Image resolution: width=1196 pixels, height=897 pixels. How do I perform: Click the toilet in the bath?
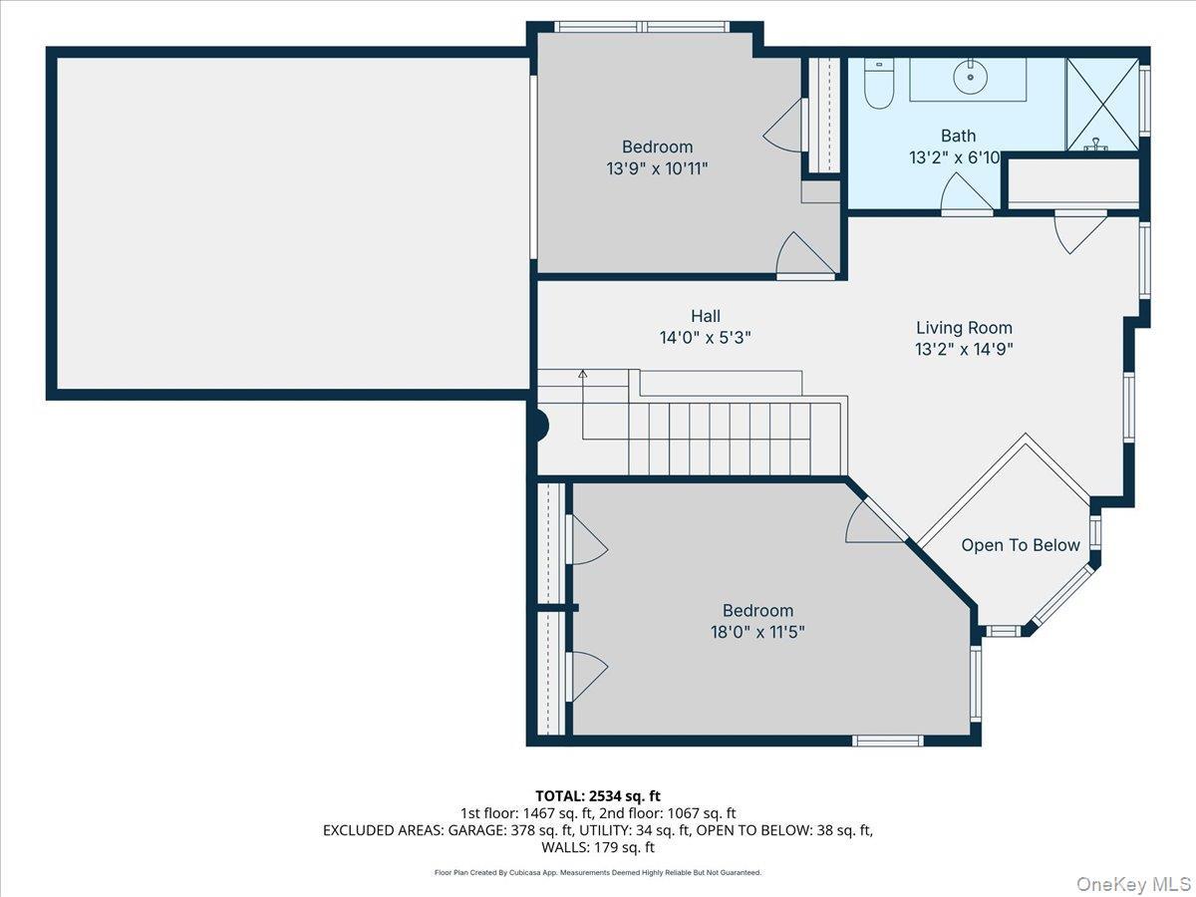tap(879, 85)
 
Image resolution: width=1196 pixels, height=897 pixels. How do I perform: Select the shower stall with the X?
tap(1102, 105)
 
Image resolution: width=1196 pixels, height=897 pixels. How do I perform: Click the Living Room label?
tap(964, 328)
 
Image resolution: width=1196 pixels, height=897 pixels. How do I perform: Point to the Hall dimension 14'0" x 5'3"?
tap(705, 338)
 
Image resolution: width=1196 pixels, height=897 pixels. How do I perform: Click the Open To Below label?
tap(1020, 545)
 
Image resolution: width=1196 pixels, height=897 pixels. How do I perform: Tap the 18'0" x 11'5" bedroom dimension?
tap(757, 632)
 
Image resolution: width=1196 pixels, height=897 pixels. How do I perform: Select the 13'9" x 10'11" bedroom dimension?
tap(657, 169)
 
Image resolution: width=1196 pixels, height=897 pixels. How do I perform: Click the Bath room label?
tap(958, 136)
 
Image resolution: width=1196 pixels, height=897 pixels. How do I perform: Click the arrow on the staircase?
tap(583, 376)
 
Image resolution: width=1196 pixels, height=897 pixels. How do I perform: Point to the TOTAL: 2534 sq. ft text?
tap(598, 795)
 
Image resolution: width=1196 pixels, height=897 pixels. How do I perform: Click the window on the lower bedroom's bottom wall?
tap(887, 741)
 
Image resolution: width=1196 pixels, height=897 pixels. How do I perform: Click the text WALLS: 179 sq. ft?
tap(598, 847)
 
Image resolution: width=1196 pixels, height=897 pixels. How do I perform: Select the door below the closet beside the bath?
tap(1078, 232)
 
